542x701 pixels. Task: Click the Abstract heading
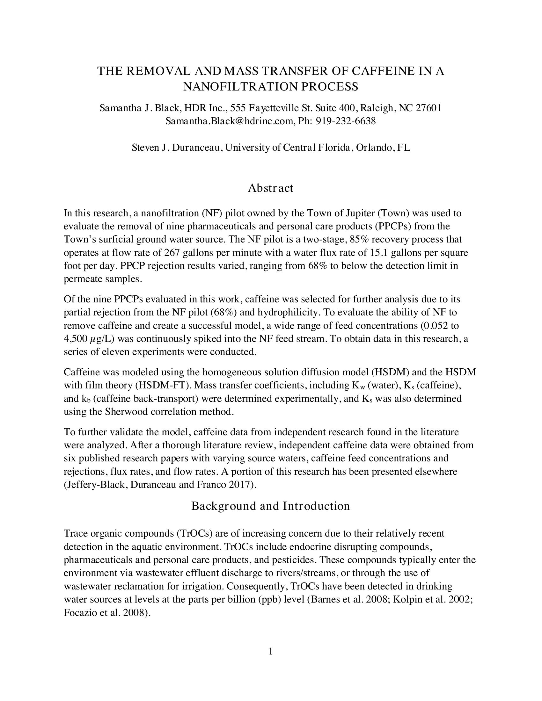(270, 188)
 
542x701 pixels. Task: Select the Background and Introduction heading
(270, 506)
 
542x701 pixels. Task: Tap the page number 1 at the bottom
(271, 651)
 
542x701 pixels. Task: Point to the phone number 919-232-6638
(346, 121)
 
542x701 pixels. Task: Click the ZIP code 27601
(428, 108)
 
